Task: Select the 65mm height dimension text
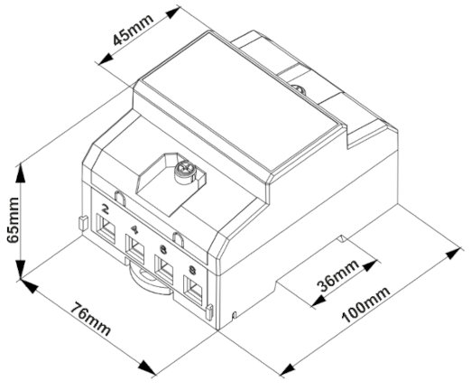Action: [x=14, y=220]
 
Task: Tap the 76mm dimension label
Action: [x=90, y=320]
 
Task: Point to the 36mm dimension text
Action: [x=338, y=275]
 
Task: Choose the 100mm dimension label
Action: [x=366, y=304]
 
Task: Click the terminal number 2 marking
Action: [x=105, y=209]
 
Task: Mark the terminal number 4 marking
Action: [x=134, y=230]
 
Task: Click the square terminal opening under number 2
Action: [x=106, y=228]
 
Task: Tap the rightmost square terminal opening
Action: [x=193, y=291]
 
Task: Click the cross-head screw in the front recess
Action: [x=185, y=172]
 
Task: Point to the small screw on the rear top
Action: [x=299, y=89]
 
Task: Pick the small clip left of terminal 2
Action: [x=83, y=223]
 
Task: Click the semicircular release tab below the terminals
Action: [x=147, y=283]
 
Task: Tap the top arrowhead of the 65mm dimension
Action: [x=20, y=173]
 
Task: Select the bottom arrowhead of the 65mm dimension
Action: [x=20, y=270]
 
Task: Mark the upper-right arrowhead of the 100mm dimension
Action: [x=452, y=254]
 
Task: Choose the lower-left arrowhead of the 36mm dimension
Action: [x=319, y=302]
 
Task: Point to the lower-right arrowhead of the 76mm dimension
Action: [x=147, y=367]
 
